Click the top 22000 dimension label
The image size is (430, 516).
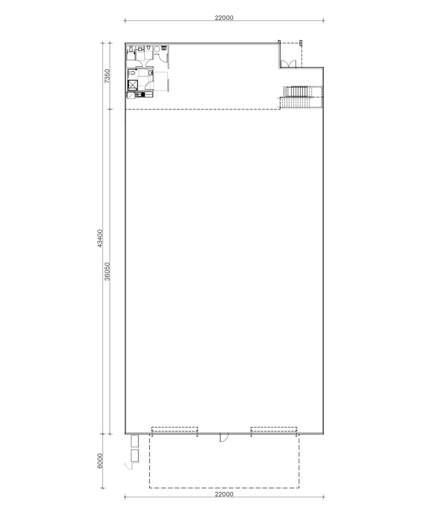coord(224,18)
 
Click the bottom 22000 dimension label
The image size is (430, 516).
coord(224,494)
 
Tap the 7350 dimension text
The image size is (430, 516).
coord(107,76)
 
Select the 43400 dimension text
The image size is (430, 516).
coord(99,237)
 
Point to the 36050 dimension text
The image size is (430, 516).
coord(107,271)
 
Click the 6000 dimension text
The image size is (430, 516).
coord(99,462)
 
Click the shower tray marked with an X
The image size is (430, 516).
coord(132,85)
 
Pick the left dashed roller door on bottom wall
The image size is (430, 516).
coord(174,429)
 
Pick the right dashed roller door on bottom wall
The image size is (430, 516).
coord(274,429)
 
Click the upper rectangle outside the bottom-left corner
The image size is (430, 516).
coord(134,441)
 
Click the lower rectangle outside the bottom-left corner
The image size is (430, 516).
coord(134,456)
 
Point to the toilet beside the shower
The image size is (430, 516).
coord(150,73)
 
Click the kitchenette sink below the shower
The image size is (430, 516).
coord(139,95)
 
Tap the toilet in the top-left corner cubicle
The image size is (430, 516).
coord(130,48)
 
